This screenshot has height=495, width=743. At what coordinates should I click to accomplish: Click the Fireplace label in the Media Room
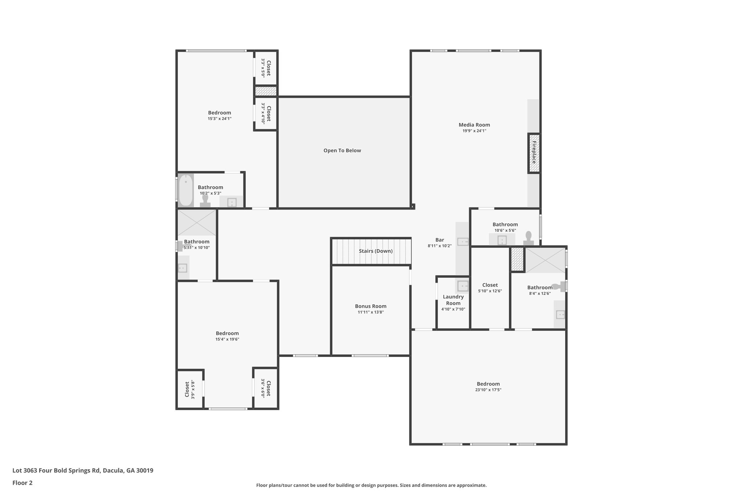(x=534, y=153)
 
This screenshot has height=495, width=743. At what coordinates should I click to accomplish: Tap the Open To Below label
(x=342, y=150)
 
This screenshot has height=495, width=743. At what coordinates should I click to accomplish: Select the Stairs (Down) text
(x=375, y=251)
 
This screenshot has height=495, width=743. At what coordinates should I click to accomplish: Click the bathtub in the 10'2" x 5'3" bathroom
(x=186, y=190)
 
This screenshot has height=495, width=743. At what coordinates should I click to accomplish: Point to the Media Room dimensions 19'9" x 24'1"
(x=474, y=131)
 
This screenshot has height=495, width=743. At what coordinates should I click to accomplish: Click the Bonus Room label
(x=370, y=306)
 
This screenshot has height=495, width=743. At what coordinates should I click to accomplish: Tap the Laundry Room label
(x=453, y=300)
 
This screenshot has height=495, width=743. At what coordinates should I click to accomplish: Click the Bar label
(x=439, y=240)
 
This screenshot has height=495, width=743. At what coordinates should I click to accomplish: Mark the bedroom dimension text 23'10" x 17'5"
(x=488, y=390)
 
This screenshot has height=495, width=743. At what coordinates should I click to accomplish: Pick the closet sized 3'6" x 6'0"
(x=266, y=388)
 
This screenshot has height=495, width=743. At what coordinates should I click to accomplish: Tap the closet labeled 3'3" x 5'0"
(x=266, y=68)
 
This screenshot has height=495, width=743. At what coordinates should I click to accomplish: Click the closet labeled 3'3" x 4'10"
(x=266, y=114)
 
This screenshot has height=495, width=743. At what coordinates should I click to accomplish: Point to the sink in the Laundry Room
(x=463, y=286)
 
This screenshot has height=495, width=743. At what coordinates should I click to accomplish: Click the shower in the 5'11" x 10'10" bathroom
(x=196, y=223)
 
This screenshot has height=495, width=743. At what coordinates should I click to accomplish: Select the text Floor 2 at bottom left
(x=22, y=483)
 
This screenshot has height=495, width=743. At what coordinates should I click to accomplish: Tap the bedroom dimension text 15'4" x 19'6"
(x=227, y=339)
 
